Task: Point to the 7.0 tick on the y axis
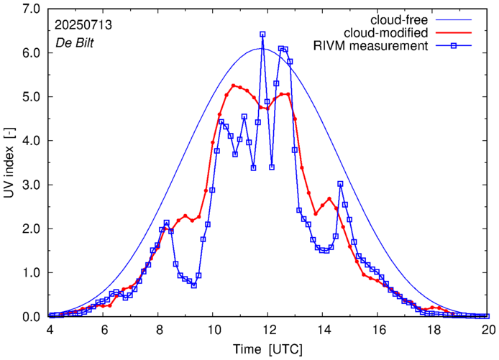tap(30, 9)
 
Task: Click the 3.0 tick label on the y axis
tap(30, 185)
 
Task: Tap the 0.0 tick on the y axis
tap(30, 317)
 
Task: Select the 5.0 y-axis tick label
tap(30, 97)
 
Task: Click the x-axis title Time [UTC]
tap(268, 349)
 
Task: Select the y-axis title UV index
tap(9, 163)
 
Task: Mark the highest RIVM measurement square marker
tap(262, 34)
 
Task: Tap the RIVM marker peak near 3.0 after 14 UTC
tap(340, 184)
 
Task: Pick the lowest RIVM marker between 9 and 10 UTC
tap(193, 285)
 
